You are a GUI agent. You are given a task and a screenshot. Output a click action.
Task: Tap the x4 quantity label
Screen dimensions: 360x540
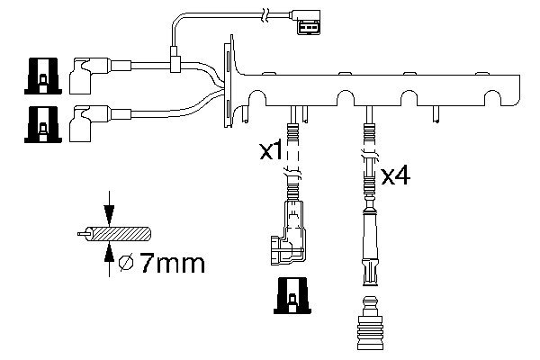click(x=395, y=175)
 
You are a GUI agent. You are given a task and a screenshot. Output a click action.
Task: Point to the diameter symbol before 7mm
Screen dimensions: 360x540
click(x=128, y=265)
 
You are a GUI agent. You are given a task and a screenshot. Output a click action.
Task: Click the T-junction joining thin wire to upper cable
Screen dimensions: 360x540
click(x=175, y=63)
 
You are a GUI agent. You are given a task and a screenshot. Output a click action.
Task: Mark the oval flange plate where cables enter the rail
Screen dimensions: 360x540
click(x=230, y=79)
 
